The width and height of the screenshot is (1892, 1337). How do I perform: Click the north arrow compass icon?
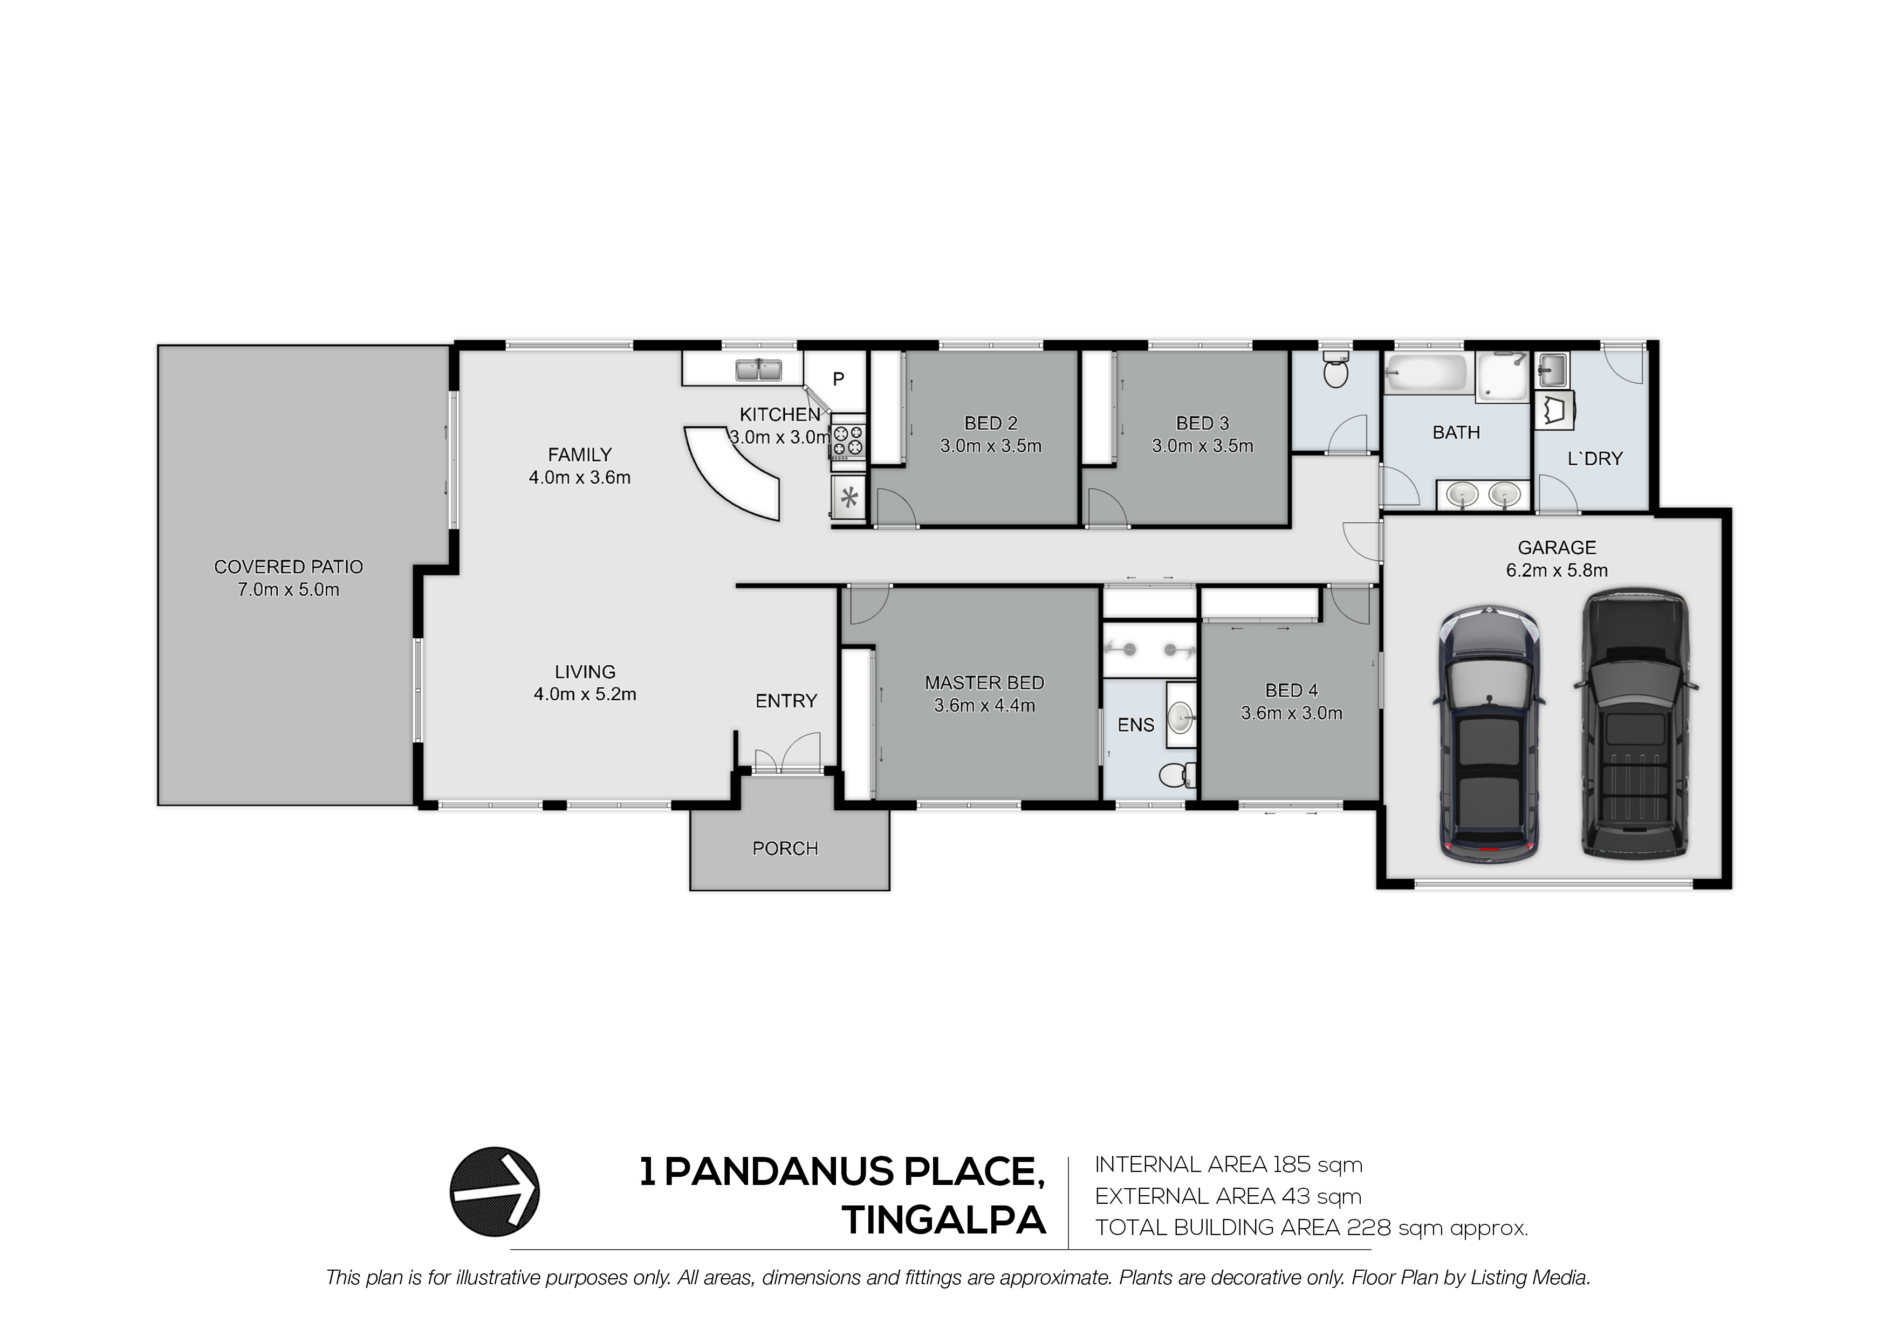coord(495,1191)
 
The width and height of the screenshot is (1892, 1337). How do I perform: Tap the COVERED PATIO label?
coord(289,567)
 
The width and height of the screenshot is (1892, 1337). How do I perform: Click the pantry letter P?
coord(838,379)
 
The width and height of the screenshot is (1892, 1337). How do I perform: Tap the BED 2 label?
coord(991,423)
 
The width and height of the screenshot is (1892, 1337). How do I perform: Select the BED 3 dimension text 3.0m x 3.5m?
coord(1202,446)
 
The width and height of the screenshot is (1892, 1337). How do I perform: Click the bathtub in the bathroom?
coord(1425,373)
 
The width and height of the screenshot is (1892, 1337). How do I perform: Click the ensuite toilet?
coord(1177,774)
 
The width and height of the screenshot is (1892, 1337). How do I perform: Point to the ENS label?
coord(1135,725)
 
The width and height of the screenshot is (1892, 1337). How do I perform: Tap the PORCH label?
coord(785,849)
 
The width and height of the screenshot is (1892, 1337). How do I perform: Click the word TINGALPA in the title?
coord(943,1220)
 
